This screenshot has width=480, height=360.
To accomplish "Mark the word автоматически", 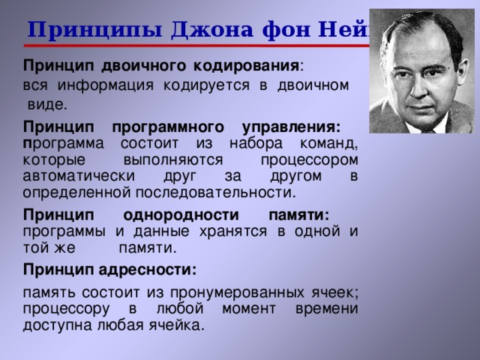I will click(79, 175).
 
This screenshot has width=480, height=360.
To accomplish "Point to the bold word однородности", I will click(179, 214).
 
